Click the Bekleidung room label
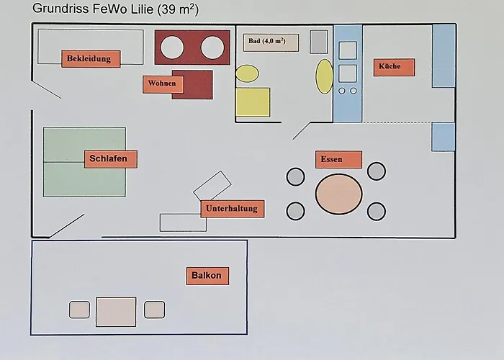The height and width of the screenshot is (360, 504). pos(90,59)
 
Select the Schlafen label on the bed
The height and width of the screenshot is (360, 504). pos(110,159)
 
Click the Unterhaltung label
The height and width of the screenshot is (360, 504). pos(230,209)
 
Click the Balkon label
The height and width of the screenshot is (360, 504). pos(207,276)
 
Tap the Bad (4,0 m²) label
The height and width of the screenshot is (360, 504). pos(271,42)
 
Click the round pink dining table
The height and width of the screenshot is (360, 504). pos(338,193)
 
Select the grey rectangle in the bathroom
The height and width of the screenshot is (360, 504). pos(319,42)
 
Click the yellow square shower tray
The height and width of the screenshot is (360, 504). pos(253,102)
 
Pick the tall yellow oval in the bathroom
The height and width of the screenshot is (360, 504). pos(325,76)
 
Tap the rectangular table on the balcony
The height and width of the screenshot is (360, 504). pos(116,310)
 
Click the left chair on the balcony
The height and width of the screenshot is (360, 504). pos(79,310)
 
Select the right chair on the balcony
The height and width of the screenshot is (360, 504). pos(154,310)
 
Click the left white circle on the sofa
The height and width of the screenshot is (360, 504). pos(173,48)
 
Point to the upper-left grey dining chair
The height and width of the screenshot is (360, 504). pos(295,176)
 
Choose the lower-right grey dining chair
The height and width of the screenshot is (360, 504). pos(377,211)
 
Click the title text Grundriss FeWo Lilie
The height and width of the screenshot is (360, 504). pos(115,9)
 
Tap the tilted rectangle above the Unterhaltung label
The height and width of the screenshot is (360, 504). pos(212,185)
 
